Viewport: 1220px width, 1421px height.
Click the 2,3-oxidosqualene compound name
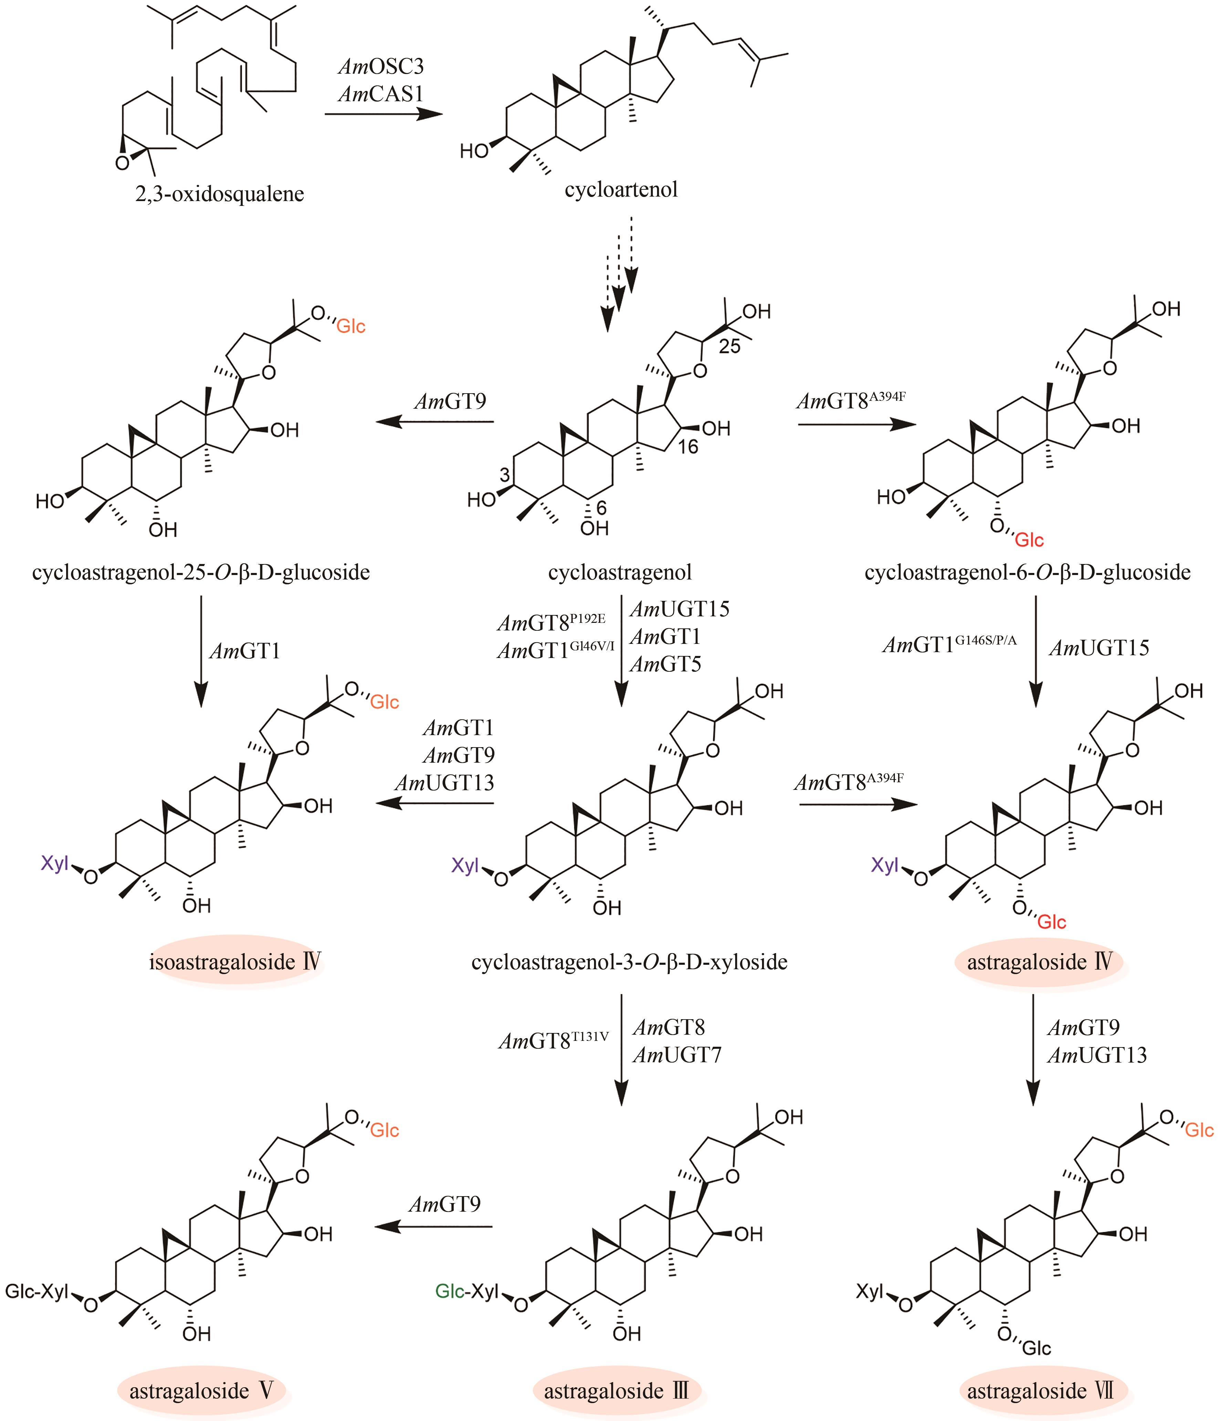[219, 194]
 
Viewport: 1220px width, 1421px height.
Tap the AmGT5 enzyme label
[665, 664]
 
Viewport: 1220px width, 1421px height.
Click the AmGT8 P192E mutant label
[551, 622]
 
